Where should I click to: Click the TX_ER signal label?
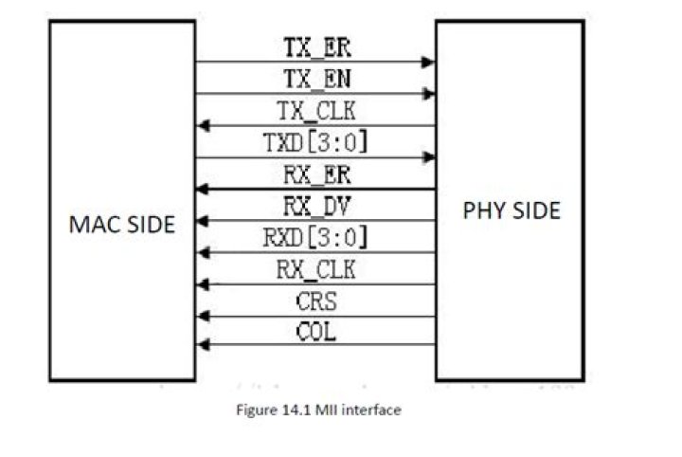(x=317, y=47)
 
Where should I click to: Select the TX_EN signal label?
(x=317, y=80)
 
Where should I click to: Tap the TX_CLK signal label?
(x=316, y=111)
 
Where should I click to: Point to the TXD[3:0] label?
(x=315, y=142)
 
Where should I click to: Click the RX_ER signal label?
(x=317, y=175)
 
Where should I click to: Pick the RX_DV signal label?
(x=317, y=207)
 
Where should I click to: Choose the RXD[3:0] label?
(x=315, y=238)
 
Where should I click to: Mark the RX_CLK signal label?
(x=316, y=269)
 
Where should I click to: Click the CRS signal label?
(x=316, y=302)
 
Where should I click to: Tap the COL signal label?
(x=316, y=332)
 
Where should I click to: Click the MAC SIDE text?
(x=122, y=225)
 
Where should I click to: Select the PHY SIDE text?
(x=511, y=210)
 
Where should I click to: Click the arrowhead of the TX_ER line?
(x=428, y=63)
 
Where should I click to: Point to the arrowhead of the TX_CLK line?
(x=204, y=126)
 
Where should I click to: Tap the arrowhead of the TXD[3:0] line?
(x=428, y=157)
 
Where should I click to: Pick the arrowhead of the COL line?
(x=204, y=345)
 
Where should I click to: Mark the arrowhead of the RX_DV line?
(x=204, y=221)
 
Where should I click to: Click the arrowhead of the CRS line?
(x=204, y=317)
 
